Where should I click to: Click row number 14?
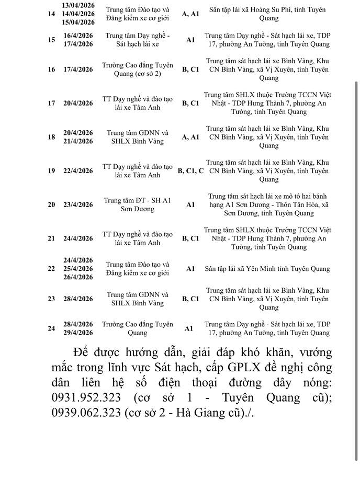51,14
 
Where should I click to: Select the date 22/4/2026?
78,171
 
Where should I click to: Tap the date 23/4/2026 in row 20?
78,205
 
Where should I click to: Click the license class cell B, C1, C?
190,171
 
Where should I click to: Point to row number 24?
51,328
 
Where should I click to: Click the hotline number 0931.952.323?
86,397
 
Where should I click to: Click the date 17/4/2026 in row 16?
78,70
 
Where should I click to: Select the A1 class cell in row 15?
190,40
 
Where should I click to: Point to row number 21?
51,238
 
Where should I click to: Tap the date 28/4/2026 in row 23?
78,299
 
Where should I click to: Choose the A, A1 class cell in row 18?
190,137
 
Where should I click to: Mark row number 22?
51,269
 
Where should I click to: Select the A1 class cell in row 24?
188,328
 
